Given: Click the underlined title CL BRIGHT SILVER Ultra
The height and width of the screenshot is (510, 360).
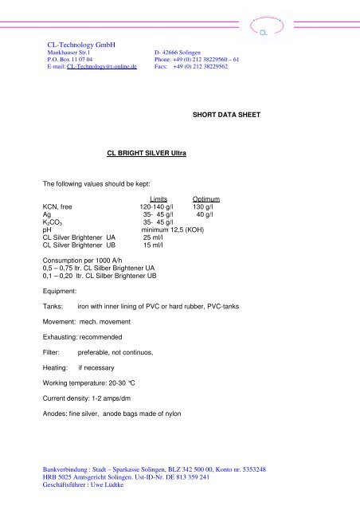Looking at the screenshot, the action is click(141, 152).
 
